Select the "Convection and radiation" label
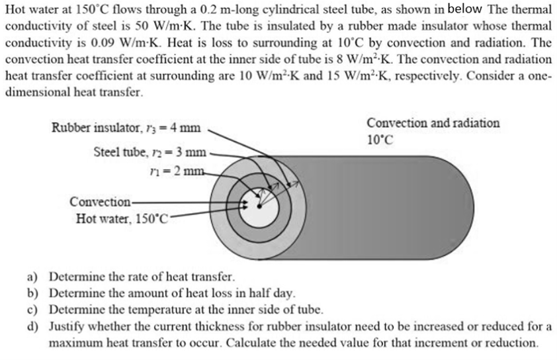[x=433, y=123]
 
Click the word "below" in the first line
[x=468, y=9]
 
